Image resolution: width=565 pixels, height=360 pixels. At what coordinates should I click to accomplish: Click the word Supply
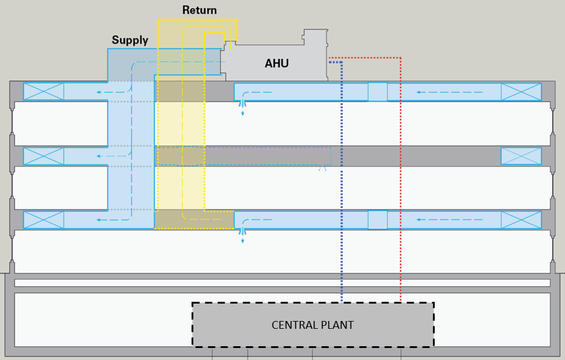tap(130, 41)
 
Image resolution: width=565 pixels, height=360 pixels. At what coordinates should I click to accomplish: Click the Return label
tap(199, 10)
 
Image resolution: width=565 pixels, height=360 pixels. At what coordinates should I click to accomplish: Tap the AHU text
tap(277, 63)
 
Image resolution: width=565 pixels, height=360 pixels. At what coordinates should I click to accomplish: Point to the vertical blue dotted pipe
tap(341, 180)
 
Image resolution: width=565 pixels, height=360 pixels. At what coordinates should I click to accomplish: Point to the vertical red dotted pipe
tap(400, 180)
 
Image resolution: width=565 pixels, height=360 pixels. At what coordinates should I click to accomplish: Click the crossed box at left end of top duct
tap(43, 92)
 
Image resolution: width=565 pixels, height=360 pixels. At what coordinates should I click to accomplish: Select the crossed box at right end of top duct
tap(521, 92)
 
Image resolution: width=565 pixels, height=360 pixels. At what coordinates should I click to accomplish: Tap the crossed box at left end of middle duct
tap(43, 156)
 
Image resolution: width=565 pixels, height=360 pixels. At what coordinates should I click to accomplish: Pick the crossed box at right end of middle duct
tap(521, 156)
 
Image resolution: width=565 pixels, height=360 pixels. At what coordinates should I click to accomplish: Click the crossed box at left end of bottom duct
tap(43, 220)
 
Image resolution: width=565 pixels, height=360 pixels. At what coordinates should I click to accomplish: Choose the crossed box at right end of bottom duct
tap(521, 220)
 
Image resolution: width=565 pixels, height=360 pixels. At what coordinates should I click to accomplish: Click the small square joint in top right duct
tap(378, 92)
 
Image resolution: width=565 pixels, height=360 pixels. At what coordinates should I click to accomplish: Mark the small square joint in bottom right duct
tap(378, 220)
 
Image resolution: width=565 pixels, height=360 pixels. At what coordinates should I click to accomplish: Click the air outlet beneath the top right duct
tap(243, 105)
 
